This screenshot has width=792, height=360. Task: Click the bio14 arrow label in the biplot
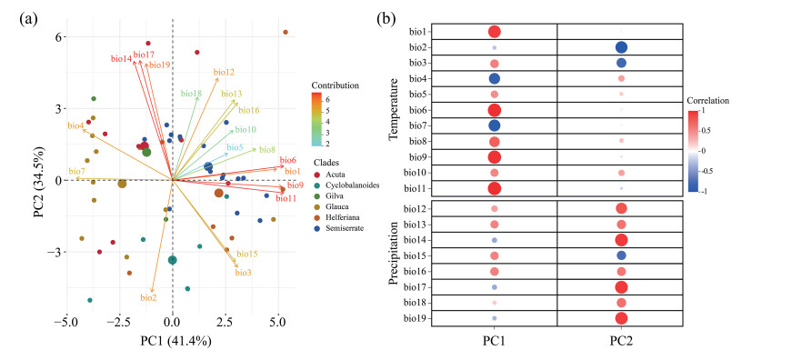[x=121, y=58]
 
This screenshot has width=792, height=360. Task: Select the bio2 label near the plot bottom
[x=148, y=298]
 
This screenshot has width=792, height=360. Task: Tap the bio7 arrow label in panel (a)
[x=75, y=171]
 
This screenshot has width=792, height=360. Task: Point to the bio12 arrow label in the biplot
[x=224, y=72]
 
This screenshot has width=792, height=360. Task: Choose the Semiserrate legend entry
[x=344, y=228]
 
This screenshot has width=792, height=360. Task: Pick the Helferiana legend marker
[x=317, y=217]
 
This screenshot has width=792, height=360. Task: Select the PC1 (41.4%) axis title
[x=175, y=341]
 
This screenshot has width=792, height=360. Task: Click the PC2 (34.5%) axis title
[x=40, y=181]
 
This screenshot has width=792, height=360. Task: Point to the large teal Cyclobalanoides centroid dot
[x=172, y=260]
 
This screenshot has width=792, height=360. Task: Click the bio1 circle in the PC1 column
[x=495, y=32]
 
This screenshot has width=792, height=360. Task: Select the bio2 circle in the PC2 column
[x=621, y=47]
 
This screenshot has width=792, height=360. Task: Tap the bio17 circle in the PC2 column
[x=621, y=287]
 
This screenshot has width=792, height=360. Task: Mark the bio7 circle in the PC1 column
[x=495, y=125]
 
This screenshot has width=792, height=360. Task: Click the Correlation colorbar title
[x=708, y=101]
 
